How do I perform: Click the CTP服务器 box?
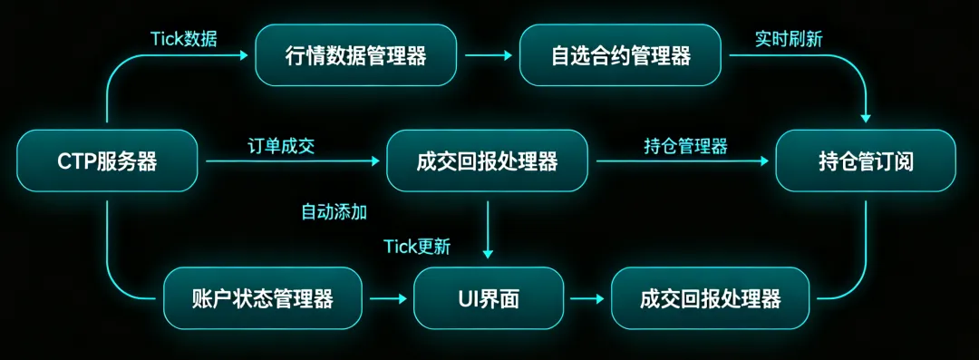[x=107, y=161]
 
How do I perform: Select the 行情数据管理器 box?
[x=355, y=55]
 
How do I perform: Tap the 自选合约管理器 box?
[x=621, y=55]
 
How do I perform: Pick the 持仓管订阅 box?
[x=866, y=161]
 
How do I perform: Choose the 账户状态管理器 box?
[x=262, y=298]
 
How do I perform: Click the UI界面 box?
[x=489, y=298]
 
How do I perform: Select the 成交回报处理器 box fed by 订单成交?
[x=487, y=161]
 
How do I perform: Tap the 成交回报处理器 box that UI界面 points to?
[x=710, y=298]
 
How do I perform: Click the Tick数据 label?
[x=183, y=39]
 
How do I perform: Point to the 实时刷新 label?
[x=789, y=39]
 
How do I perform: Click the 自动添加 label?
[x=334, y=212]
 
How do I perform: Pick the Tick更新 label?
[x=416, y=247]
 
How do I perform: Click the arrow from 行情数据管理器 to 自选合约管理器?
[x=489, y=55]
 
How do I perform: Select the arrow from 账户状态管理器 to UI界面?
[x=388, y=298]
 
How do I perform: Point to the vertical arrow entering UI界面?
[x=489, y=229]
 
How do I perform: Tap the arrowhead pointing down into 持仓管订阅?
[x=866, y=117]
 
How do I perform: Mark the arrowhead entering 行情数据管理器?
[x=243, y=55]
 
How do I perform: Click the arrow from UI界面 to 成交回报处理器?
[x=586, y=298]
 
